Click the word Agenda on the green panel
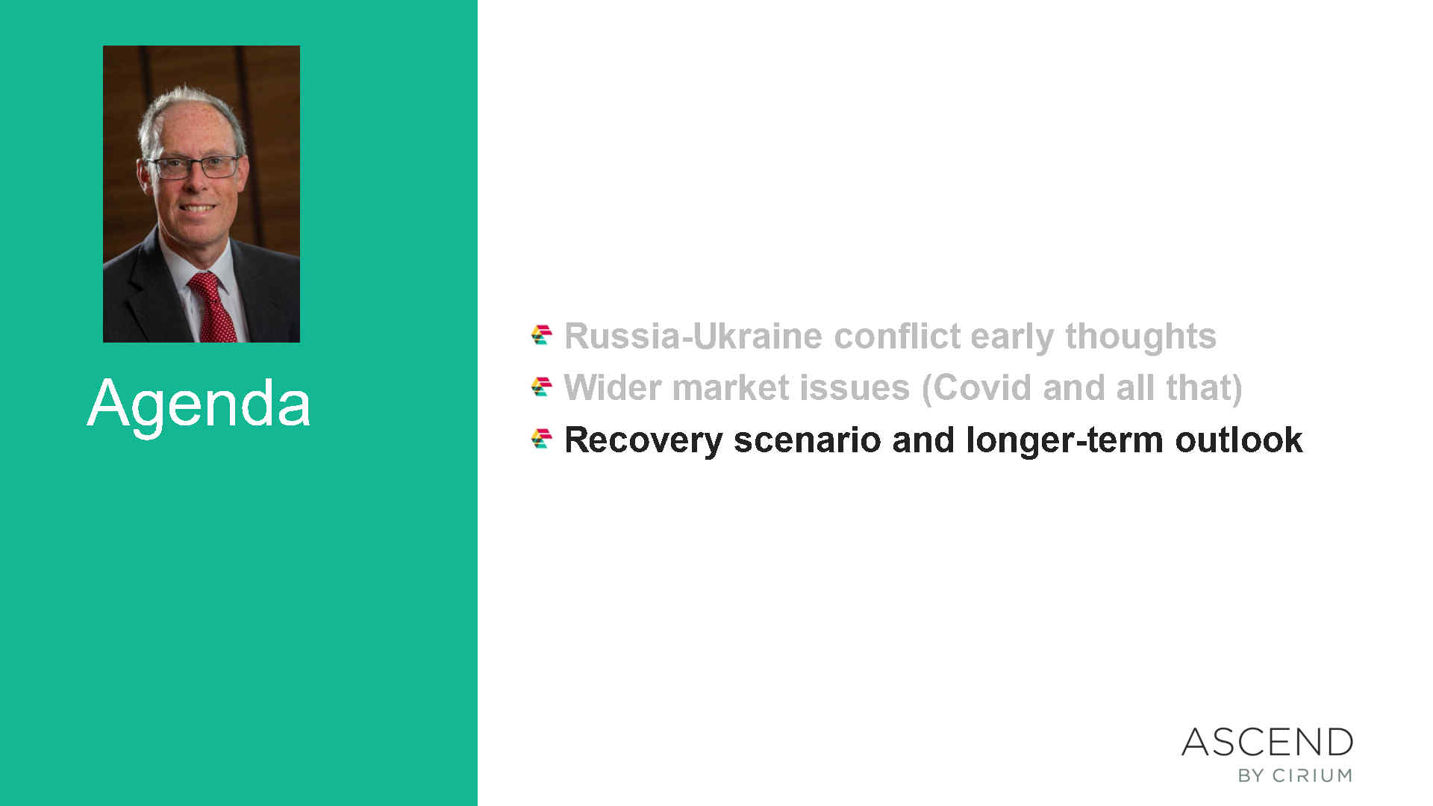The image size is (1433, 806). coord(199,404)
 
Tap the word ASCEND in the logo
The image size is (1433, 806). coord(1267,743)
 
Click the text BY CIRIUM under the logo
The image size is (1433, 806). coord(1295,775)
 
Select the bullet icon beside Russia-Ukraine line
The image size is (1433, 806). coord(542,335)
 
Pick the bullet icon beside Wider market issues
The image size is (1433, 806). coord(542,387)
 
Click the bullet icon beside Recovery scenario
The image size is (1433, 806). coord(542,439)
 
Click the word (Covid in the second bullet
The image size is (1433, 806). coord(977,388)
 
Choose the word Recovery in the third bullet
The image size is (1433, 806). coord(643,440)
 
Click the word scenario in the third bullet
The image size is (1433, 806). coord(808,440)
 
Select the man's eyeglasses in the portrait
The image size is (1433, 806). coord(196,167)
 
